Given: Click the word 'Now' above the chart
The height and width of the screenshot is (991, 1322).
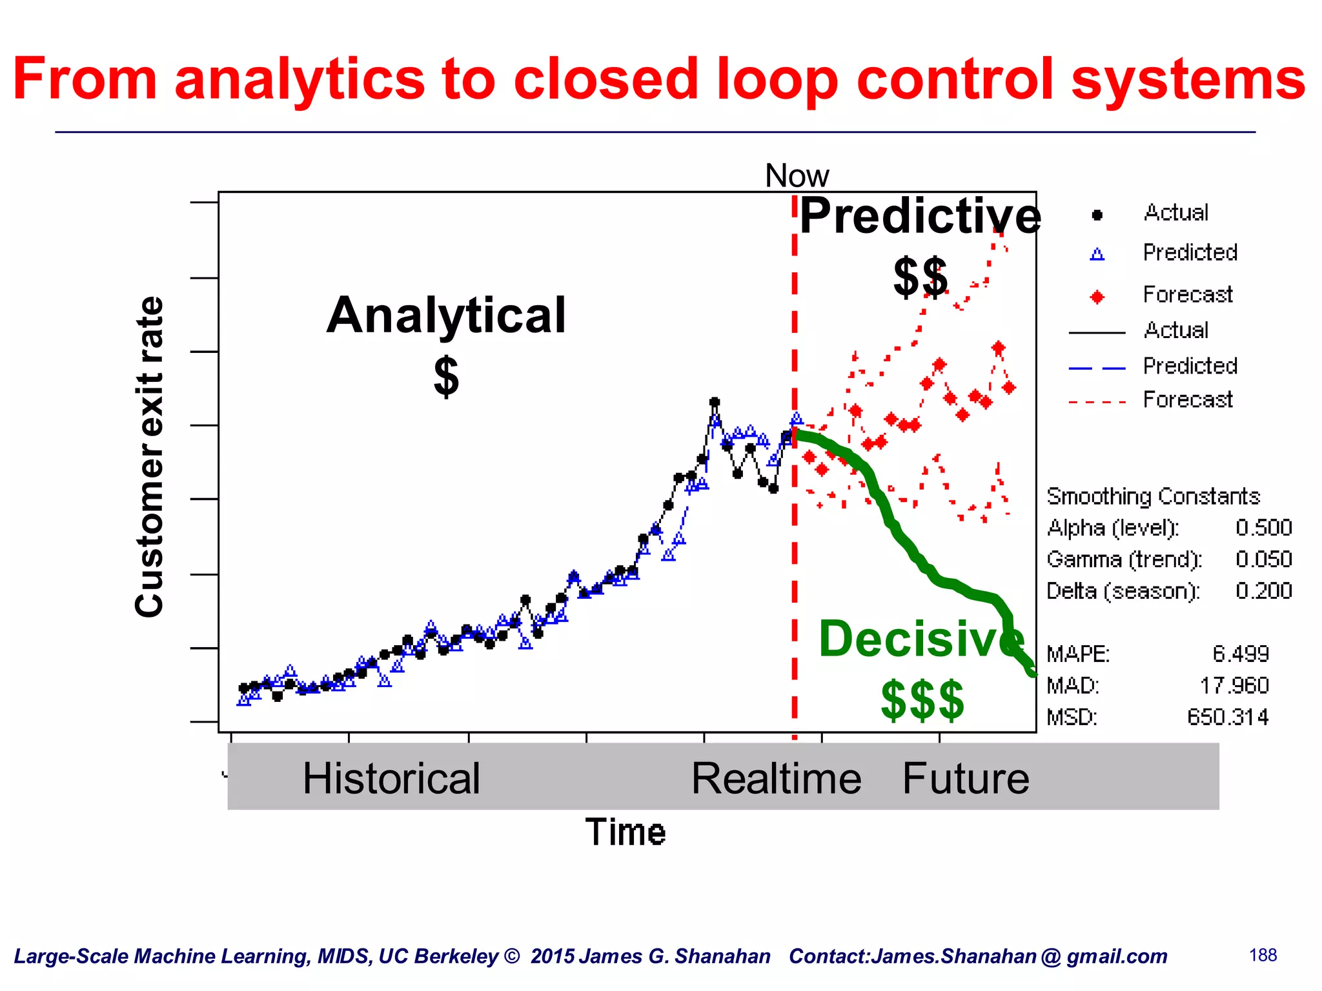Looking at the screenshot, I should pyautogui.click(x=796, y=175).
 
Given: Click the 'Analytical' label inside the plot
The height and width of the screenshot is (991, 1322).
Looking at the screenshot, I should pyautogui.click(x=446, y=315).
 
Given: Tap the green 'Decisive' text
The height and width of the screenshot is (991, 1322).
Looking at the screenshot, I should pyautogui.click(x=921, y=639).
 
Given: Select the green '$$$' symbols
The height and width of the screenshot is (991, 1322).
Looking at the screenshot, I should pyautogui.click(x=922, y=700).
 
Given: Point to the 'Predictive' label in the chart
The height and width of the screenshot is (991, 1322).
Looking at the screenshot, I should pyautogui.click(x=920, y=216).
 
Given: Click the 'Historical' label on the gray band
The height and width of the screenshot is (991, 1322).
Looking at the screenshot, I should pyautogui.click(x=391, y=778).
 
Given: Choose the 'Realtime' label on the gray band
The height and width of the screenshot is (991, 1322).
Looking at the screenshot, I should pyautogui.click(x=776, y=778).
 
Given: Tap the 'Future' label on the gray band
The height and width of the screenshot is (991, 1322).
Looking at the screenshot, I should pyautogui.click(x=965, y=778).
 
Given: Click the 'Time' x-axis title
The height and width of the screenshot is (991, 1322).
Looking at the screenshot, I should pyautogui.click(x=625, y=832).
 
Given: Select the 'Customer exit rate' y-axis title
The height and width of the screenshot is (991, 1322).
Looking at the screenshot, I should pyautogui.click(x=150, y=457).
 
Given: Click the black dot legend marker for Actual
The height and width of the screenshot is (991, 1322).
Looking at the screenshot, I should pyautogui.click(x=1097, y=215).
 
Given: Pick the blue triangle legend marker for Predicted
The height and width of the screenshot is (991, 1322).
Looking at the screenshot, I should pyautogui.click(x=1097, y=254).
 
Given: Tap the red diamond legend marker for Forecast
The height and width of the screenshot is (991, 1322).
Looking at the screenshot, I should pyautogui.click(x=1097, y=297).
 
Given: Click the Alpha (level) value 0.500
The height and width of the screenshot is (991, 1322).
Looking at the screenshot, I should pyautogui.click(x=1263, y=528).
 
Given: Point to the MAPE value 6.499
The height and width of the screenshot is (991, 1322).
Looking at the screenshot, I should pyautogui.click(x=1240, y=654).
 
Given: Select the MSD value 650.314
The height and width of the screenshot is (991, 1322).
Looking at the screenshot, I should pyautogui.click(x=1228, y=717).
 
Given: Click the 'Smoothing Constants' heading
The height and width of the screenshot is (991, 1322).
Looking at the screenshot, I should pyautogui.click(x=1153, y=496).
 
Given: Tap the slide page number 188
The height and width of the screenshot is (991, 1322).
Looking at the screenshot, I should pyautogui.click(x=1263, y=955).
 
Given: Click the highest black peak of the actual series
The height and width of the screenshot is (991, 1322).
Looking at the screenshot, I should pyautogui.click(x=714, y=402).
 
